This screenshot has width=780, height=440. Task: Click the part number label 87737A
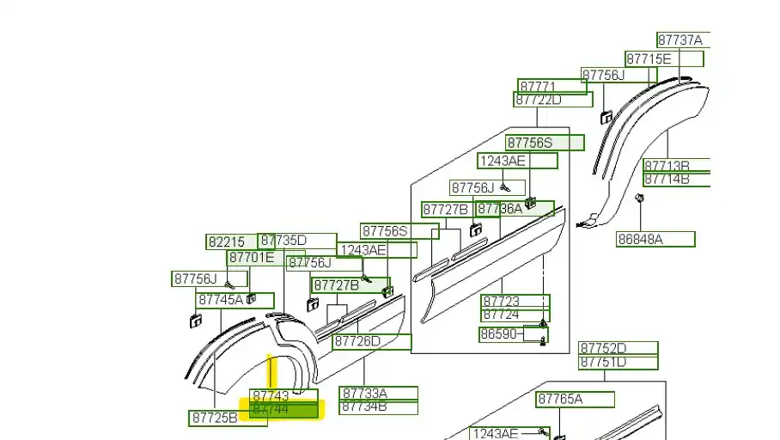tap(680, 40)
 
